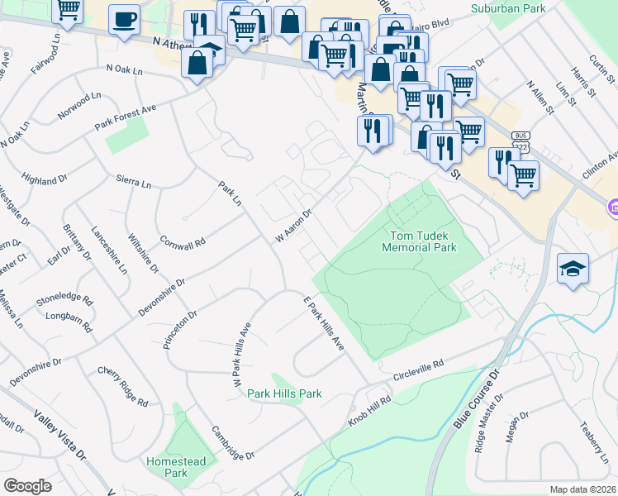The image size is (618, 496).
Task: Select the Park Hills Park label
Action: pos(284,393)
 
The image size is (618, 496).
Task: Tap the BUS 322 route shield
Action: pos(520,141)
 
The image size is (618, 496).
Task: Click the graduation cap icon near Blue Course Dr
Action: pos(573,269)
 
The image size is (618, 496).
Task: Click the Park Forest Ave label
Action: pos(125,117)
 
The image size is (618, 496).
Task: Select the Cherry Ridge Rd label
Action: pos(122,387)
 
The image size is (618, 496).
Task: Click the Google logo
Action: pos(27,485)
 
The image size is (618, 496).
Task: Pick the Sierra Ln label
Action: pos(134,182)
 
